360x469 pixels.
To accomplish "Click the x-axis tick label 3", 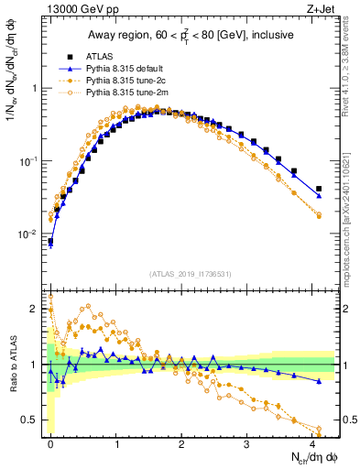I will coord(247,443).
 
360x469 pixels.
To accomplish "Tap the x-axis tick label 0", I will coord(50,443).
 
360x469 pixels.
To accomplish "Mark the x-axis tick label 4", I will coord(313,443).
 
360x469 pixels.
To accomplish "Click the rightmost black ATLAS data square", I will coord(319,189).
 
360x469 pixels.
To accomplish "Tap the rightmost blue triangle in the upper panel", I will coord(319,196).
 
